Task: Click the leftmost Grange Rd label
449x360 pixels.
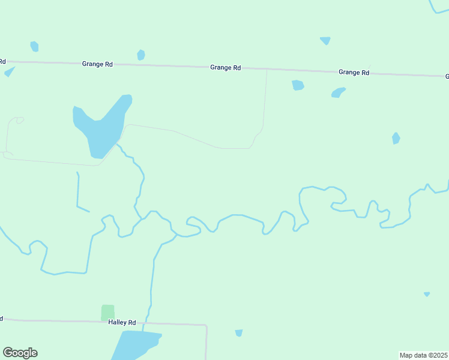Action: coord(98,63)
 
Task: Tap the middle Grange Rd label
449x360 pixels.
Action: coord(225,68)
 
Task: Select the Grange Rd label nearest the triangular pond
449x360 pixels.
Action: coord(354,72)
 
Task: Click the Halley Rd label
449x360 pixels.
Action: coord(122,322)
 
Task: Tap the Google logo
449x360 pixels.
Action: coord(20,353)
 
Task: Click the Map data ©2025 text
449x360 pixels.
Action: coord(423,355)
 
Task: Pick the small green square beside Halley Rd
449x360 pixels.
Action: coord(107,312)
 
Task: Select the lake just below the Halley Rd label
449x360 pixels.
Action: coord(135,345)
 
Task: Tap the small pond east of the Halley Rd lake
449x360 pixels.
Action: coord(239,333)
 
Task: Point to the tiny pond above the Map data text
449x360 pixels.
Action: coord(427,294)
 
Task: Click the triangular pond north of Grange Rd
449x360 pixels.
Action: coord(325,40)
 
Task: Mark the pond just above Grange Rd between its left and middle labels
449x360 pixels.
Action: coord(140,55)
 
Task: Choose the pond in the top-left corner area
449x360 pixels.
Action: coord(34,46)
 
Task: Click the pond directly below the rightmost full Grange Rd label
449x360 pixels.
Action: coord(339,92)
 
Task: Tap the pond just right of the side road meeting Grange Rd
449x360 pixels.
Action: coord(297,85)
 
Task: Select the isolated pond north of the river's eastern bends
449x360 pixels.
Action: coord(396,138)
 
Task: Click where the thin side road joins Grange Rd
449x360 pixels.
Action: coord(267,69)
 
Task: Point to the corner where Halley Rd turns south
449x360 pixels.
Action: coord(206,325)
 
